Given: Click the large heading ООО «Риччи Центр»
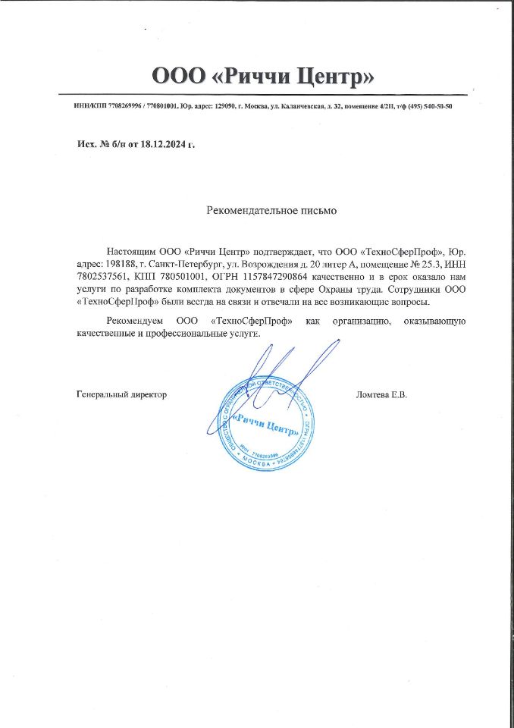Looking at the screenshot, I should [264, 77].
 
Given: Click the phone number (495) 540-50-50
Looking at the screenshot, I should [427, 106].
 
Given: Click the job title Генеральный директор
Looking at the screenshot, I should [122, 394].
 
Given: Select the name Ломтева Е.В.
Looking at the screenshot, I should [381, 394].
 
